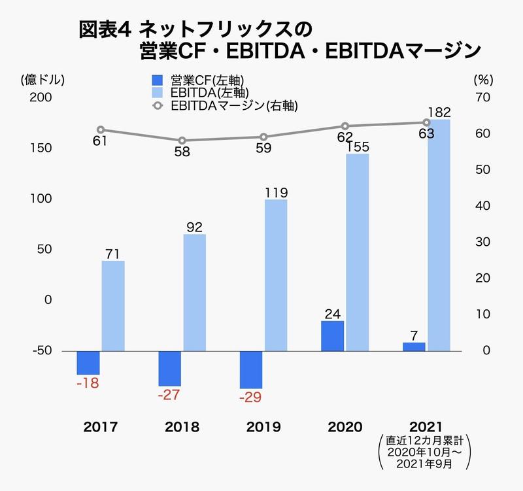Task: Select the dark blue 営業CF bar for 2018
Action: tap(171, 368)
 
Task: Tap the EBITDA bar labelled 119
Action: tap(276, 275)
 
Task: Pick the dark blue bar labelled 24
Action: tap(332, 335)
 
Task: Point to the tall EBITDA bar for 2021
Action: tap(438, 235)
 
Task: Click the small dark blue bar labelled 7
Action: tap(414, 347)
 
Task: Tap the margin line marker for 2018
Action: tap(182, 141)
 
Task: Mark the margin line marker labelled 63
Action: tap(426, 122)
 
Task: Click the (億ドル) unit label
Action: tap(43, 80)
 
